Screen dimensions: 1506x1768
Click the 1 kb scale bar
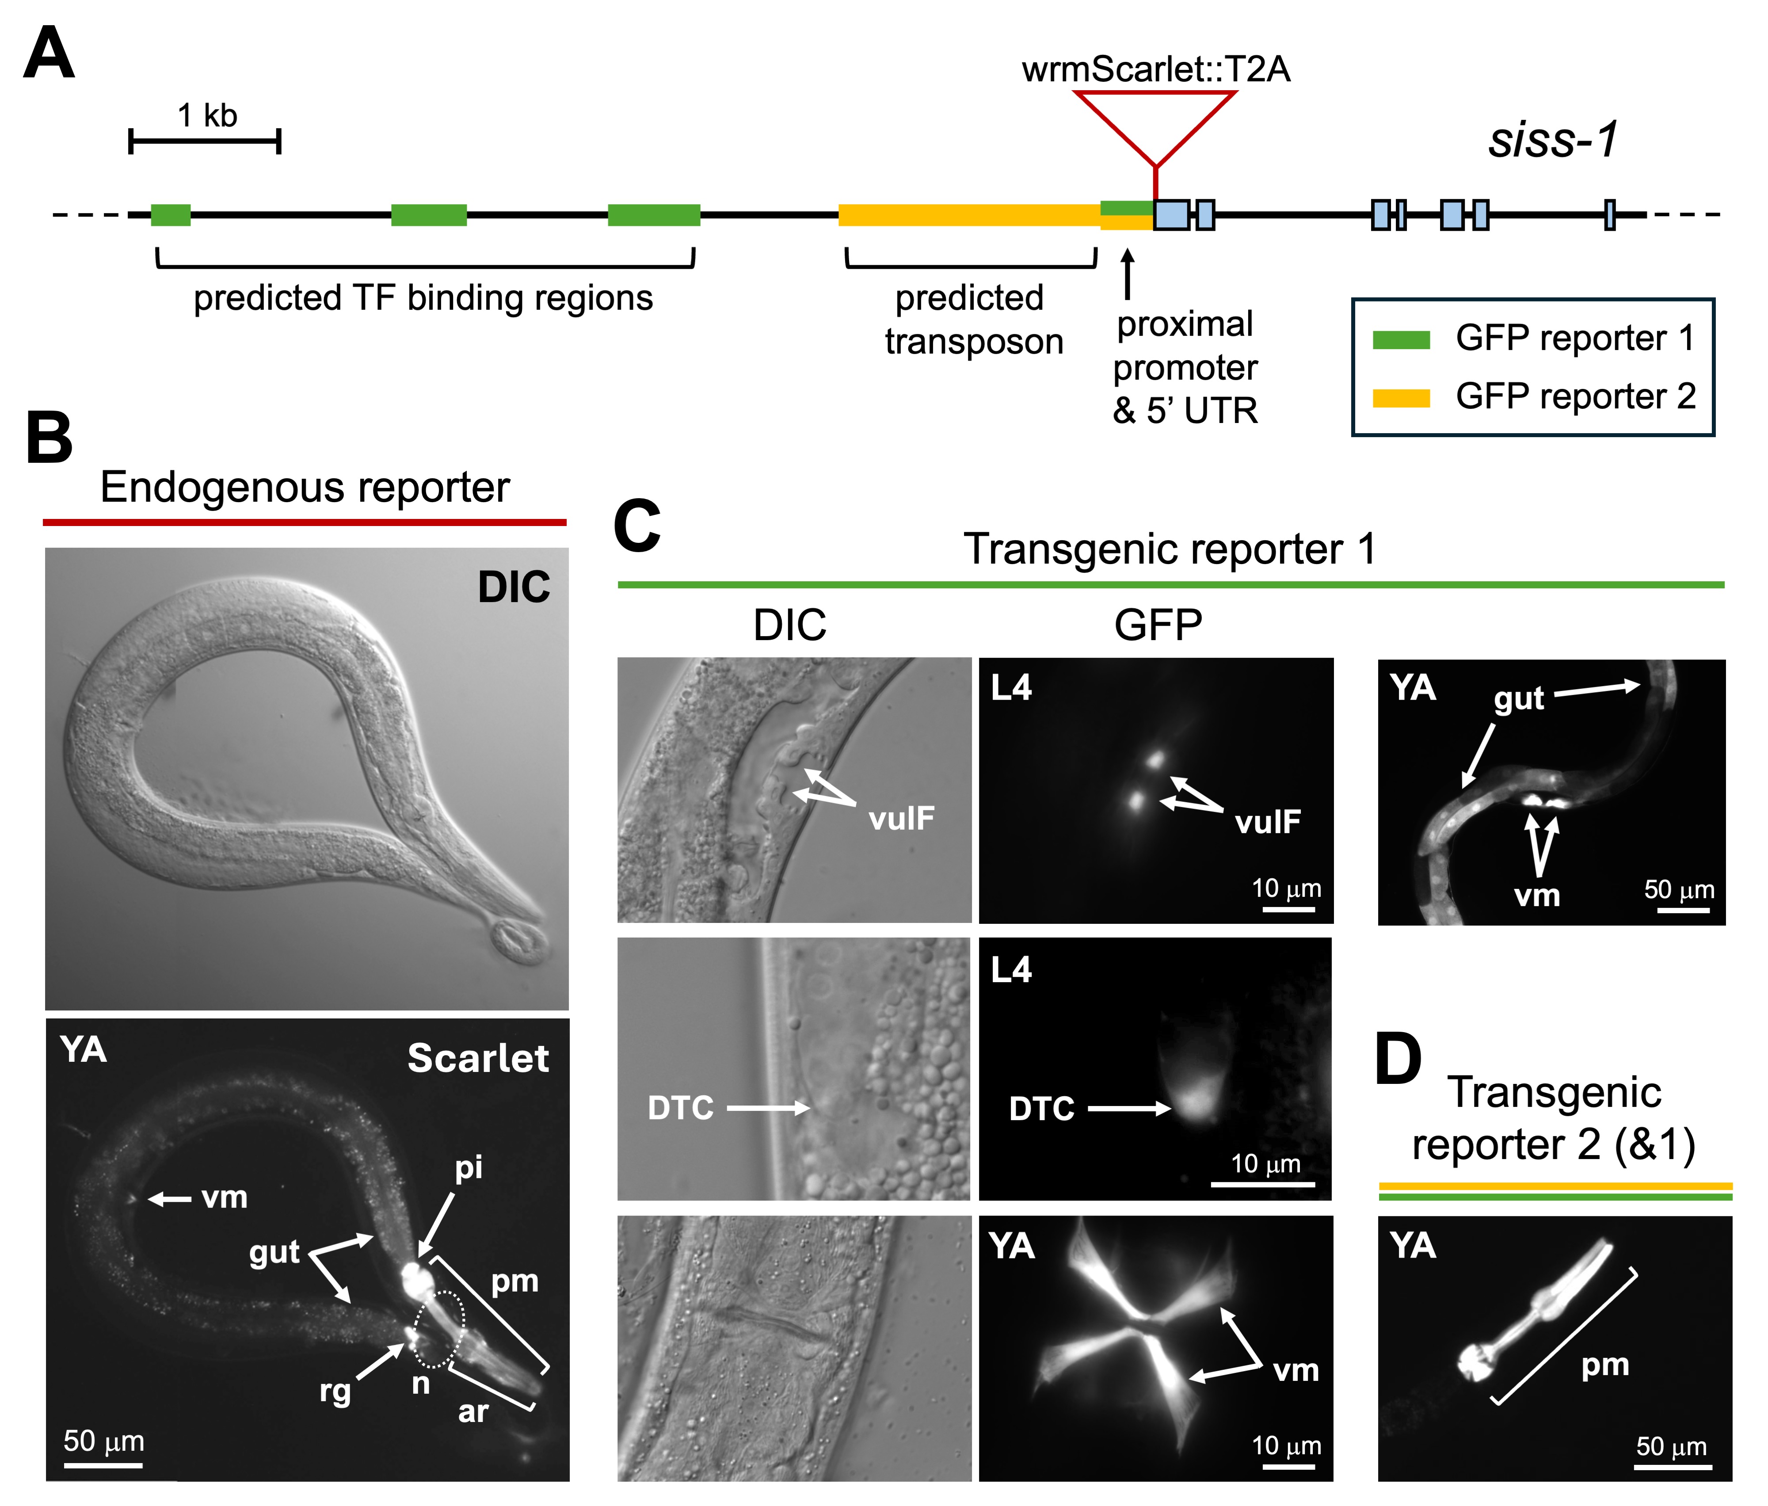click(x=205, y=141)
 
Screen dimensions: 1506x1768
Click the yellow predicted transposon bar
click(x=968, y=215)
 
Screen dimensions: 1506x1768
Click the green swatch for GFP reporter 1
click(x=1400, y=339)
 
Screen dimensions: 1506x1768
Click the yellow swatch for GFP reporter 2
click(x=1400, y=398)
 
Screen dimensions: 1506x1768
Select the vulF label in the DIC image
click(x=901, y=818)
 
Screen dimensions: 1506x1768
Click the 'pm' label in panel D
click(x=1605, y=1365)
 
